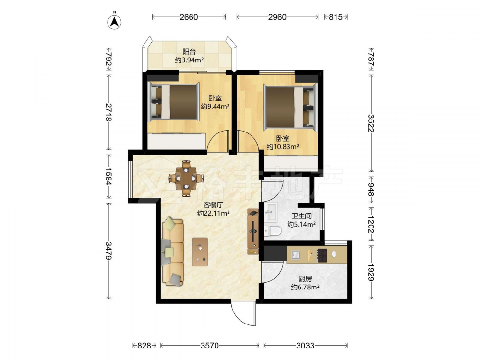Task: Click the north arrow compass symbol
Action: click(115, 21)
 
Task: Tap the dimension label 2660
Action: click(189, 17)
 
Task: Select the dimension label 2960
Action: click(277, 17)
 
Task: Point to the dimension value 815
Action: click(336, 17)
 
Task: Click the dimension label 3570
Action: click(210, 346)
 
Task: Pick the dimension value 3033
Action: click(305, 346)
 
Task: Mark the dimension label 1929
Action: click(371, 273)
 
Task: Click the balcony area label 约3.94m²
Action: click(190, 60)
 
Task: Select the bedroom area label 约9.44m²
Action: click(215, 107)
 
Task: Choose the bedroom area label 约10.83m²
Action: click(283, 147)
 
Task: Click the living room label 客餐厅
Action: click(214, 205)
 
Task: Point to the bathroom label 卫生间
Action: click(301, 216)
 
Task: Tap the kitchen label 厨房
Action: click(305, 279)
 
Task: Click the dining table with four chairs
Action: click(186, 178)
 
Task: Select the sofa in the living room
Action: click(173, 252)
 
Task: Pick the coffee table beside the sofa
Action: click(200, 252)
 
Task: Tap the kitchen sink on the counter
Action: click(295, 255)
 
